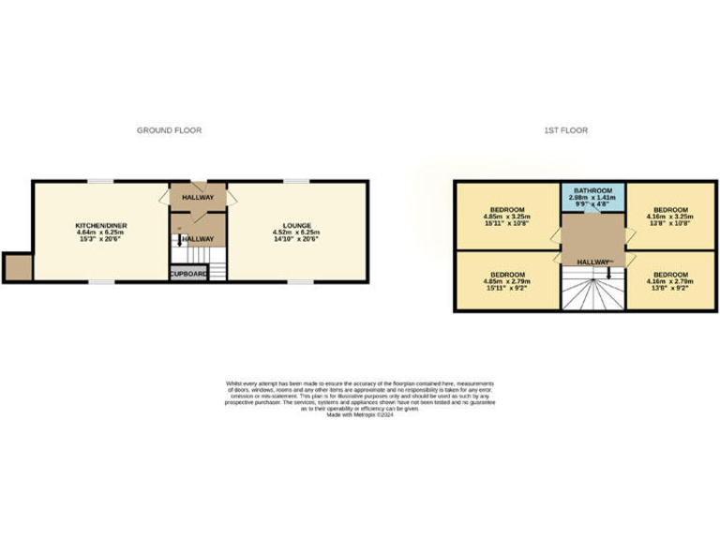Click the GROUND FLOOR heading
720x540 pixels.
[169, 130]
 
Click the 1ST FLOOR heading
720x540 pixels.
[567, 130]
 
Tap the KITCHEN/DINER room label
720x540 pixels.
[101, 226]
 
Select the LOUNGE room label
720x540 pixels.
[297, 226]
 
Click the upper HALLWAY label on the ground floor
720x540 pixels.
[198, 198]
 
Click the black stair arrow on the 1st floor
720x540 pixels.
[610, 273]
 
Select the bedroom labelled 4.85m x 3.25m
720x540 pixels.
[507, 216]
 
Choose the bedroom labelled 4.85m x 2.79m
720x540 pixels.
[507, 280]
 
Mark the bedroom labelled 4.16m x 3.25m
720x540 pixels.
[670, 216]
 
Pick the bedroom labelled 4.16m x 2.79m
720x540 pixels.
[670, 280]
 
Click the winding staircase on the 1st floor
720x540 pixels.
[588, 291]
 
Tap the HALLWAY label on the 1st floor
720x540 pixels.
[592, 261]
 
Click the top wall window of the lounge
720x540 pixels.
[297, 181]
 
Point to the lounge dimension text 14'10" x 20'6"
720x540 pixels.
[297, 239]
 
